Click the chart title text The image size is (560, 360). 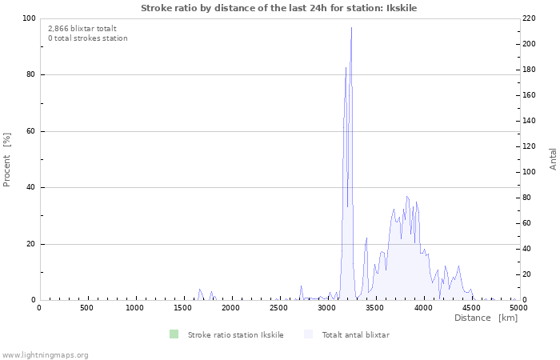(278, 8)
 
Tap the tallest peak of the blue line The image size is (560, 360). (351, 28)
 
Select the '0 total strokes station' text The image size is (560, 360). (87, 38)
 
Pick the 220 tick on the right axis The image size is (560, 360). (530, 18)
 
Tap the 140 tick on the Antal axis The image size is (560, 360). (530, 121)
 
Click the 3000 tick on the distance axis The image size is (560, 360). (326, 308)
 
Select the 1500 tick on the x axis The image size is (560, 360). (182, 308)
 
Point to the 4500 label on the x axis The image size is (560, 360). (470, 308)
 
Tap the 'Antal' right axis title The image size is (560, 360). (553, 158)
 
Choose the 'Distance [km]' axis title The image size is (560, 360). (486, 318)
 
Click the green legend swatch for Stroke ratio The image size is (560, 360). (174, 334)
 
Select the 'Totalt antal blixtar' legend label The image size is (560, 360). (355, 334)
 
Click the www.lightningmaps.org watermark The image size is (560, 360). (45, 354)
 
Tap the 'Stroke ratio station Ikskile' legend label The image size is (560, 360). (235, 334)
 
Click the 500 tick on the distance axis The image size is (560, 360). (86, 308)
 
